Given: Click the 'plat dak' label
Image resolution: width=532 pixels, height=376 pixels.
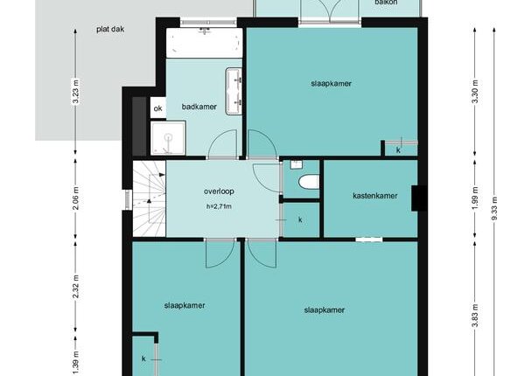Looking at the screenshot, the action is (x=110, y=29).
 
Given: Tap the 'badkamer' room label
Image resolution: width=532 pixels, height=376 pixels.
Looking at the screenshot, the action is (x=199, y=107).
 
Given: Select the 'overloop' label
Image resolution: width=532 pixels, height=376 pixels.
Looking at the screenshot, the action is (x=219, y=191).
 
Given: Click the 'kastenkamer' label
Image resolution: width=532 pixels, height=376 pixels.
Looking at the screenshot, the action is (x=374, y=196).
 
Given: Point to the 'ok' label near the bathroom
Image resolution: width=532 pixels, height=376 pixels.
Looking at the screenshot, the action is (x=157, y=108).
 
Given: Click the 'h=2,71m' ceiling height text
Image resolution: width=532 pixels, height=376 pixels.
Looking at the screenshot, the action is (x=219, y=206).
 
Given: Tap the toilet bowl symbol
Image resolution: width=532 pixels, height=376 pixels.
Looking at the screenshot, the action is (x=309, y=181).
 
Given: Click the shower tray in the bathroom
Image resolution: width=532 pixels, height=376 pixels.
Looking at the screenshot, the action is (x=168, y=138).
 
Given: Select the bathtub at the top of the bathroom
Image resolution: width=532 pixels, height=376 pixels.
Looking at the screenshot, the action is (x=204, y=43).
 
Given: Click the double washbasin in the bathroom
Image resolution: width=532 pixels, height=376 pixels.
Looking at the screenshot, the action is (x=234, y=91).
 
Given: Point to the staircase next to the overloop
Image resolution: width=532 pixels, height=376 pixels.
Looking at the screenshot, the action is (x=149, y=198).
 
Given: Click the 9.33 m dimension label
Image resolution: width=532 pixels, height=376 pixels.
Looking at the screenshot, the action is (x=494, y=208).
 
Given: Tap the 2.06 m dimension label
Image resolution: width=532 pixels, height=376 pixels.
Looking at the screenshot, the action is (x=75, y=198).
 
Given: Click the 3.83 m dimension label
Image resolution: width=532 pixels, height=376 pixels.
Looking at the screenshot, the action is (x=475, y=316).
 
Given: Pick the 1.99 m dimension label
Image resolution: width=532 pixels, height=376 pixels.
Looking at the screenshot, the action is (x=475, y=198).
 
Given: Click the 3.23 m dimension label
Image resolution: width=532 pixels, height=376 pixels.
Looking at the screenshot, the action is (x=75, y=92).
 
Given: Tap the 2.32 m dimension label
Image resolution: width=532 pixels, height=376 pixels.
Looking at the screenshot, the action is (x=75, y=287).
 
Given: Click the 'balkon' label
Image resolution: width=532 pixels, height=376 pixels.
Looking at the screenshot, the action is (x=386, y=3).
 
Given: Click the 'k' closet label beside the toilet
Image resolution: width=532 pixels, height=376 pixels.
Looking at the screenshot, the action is (x=300, y=219).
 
